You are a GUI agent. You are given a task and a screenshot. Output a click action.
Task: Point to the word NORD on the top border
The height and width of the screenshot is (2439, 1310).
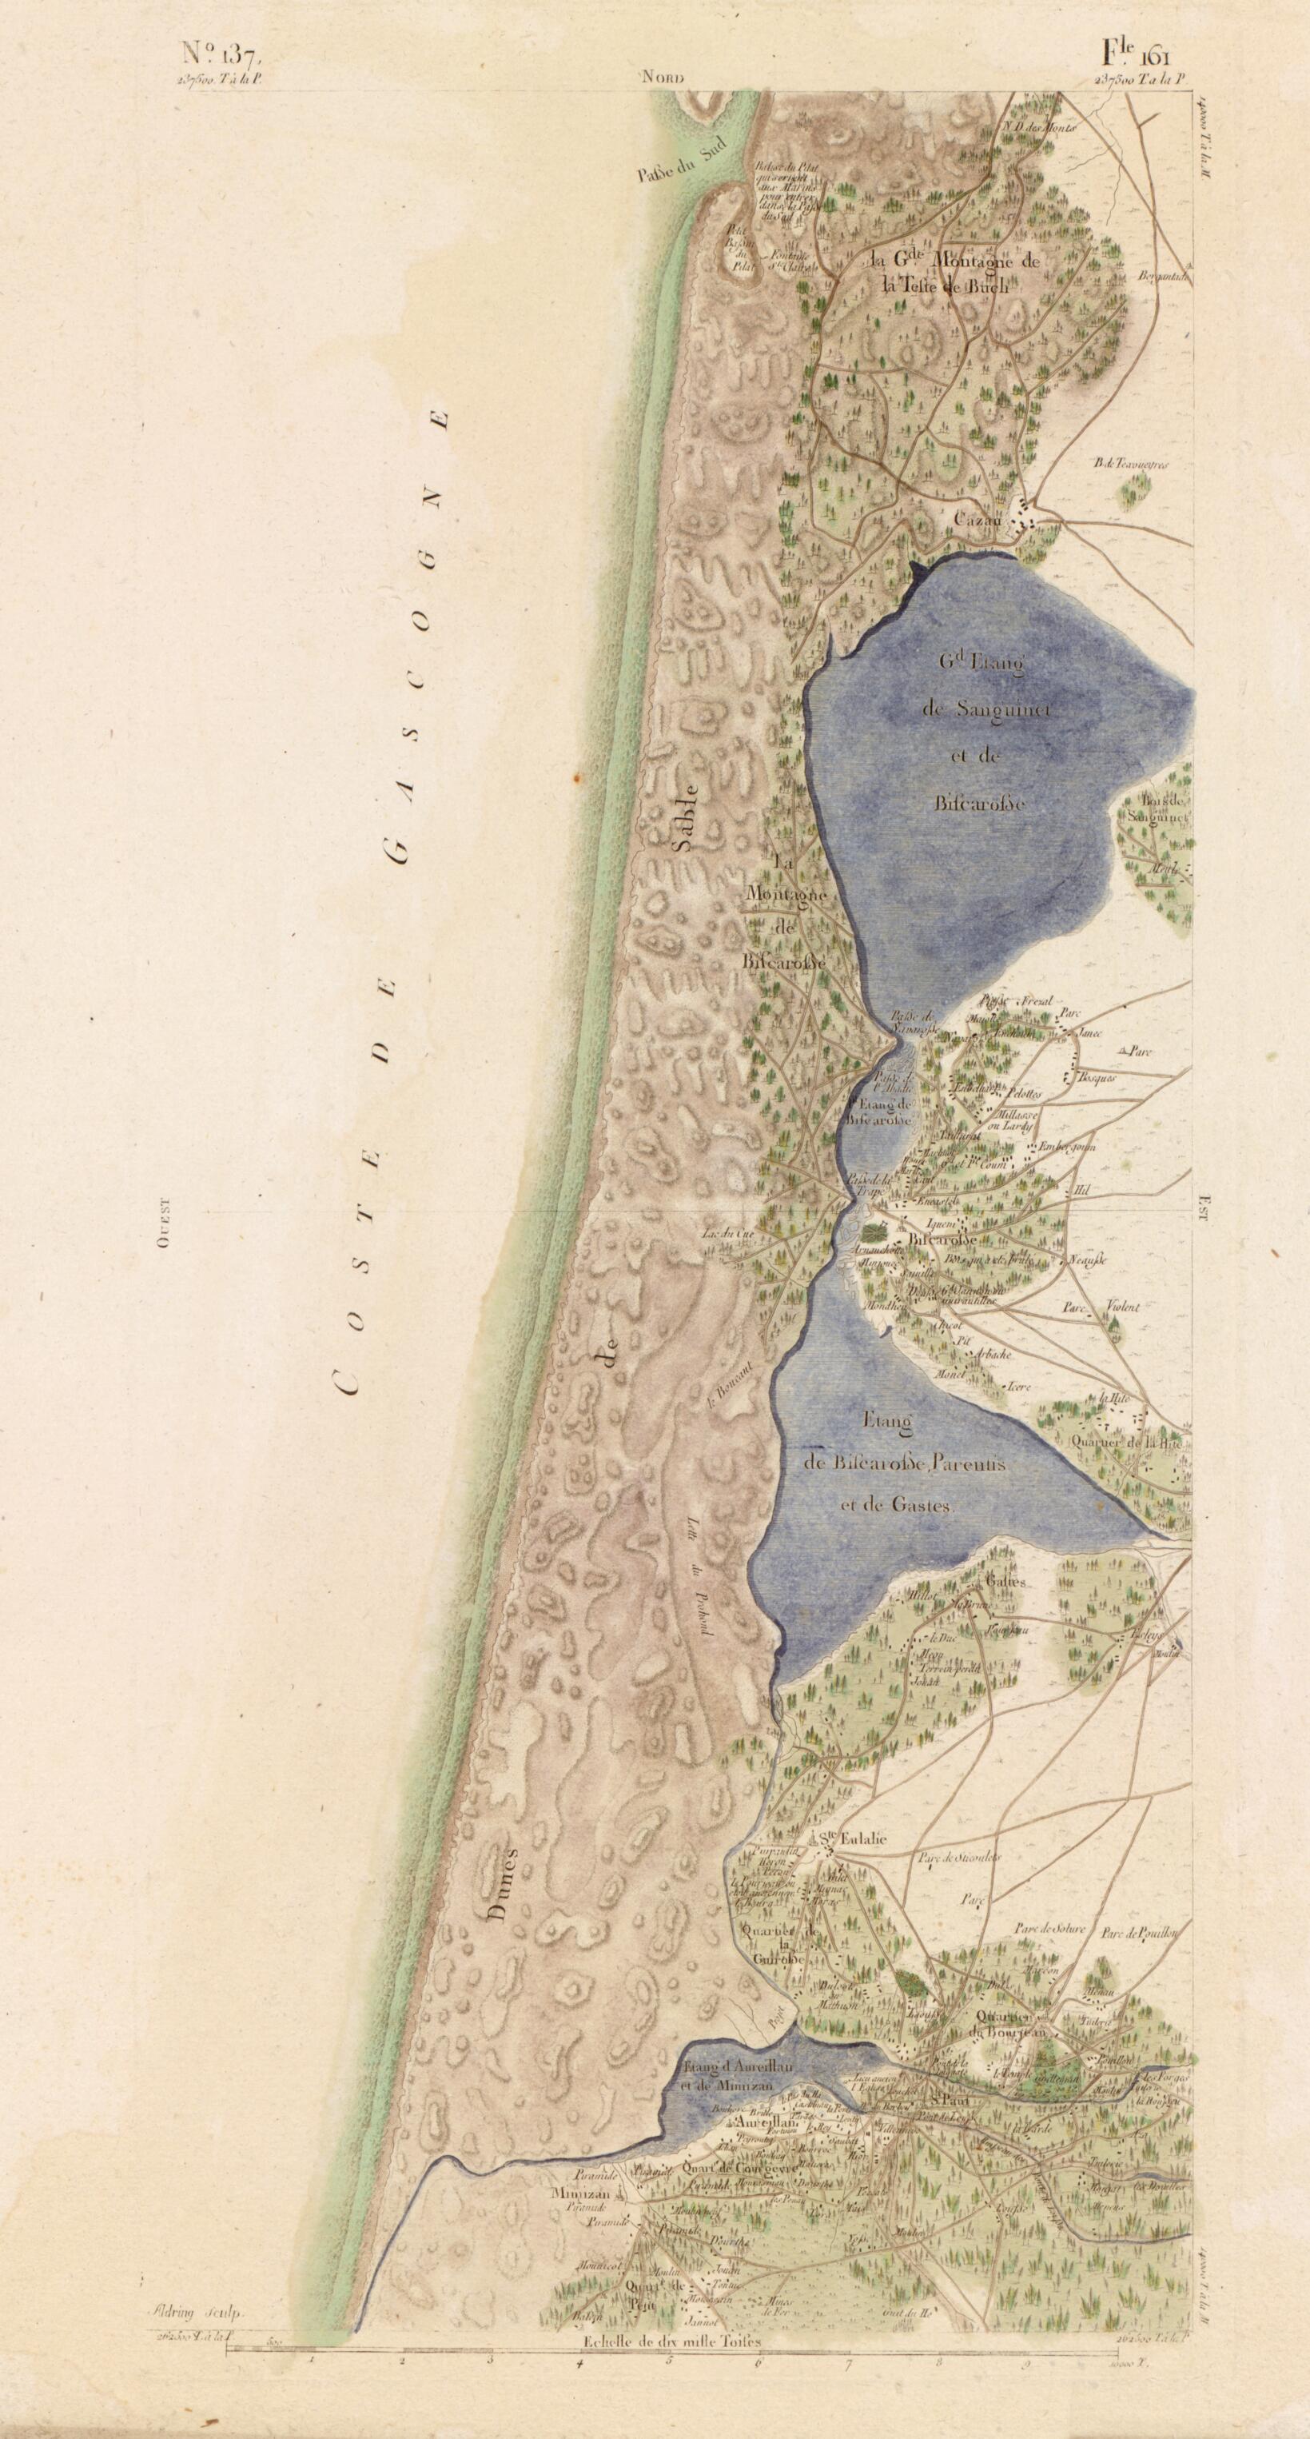(663, 78)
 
